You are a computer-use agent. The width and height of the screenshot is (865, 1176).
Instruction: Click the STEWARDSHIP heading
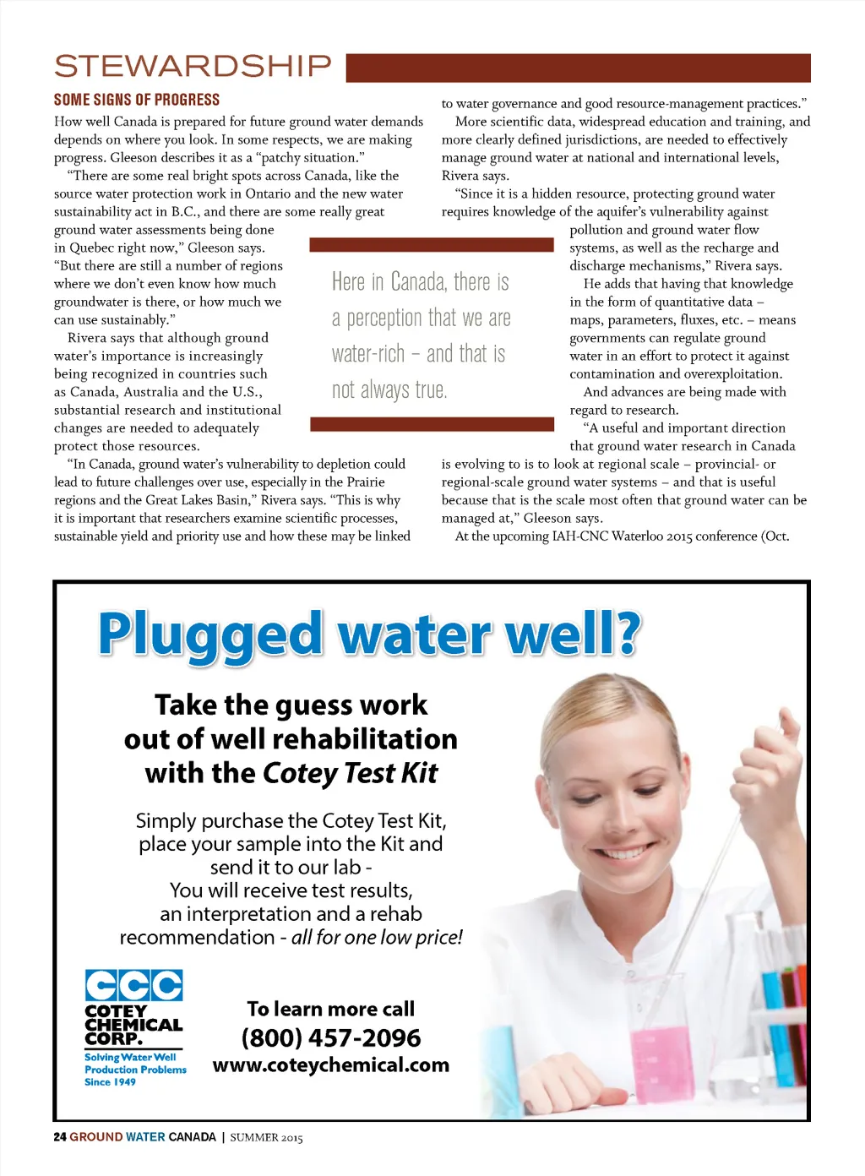(x=193, y=66)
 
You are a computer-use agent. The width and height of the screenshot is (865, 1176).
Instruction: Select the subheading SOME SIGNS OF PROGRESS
(x=137, y=100)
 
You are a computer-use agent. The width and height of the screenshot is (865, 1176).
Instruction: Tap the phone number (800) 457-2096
(x=331, y=1037)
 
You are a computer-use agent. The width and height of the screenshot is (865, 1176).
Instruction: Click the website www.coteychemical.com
(x=331, y=1065)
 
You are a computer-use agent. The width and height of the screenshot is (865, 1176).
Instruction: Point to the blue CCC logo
(x=133, y=985)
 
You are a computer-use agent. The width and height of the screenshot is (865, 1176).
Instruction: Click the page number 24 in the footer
(x=59, y=1137)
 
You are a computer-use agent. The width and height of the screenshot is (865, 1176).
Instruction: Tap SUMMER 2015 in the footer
(x=266, y=1138)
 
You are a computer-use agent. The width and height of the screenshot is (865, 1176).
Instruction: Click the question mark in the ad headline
(x=626, y=634)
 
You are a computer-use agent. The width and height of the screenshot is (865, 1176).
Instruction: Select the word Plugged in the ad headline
(x=210, y=635)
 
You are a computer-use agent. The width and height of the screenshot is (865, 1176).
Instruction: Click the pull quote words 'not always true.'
(x=389, y=390)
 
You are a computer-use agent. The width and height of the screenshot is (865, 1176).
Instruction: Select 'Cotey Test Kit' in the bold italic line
(x=350, y=773)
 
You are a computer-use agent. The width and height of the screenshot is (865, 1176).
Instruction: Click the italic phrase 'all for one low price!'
(x=377, y=938)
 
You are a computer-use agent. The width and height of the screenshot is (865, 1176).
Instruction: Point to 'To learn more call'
(x=330, y=1009)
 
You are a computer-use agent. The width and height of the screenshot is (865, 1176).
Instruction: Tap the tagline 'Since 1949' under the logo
(x=110, y=1082)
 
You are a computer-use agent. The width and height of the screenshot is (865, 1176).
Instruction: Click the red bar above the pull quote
(x=432, y=245)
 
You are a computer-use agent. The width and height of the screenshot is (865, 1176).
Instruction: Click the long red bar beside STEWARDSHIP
(x=578, y=68)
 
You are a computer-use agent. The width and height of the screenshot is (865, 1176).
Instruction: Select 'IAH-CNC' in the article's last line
(x=580, y=536)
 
